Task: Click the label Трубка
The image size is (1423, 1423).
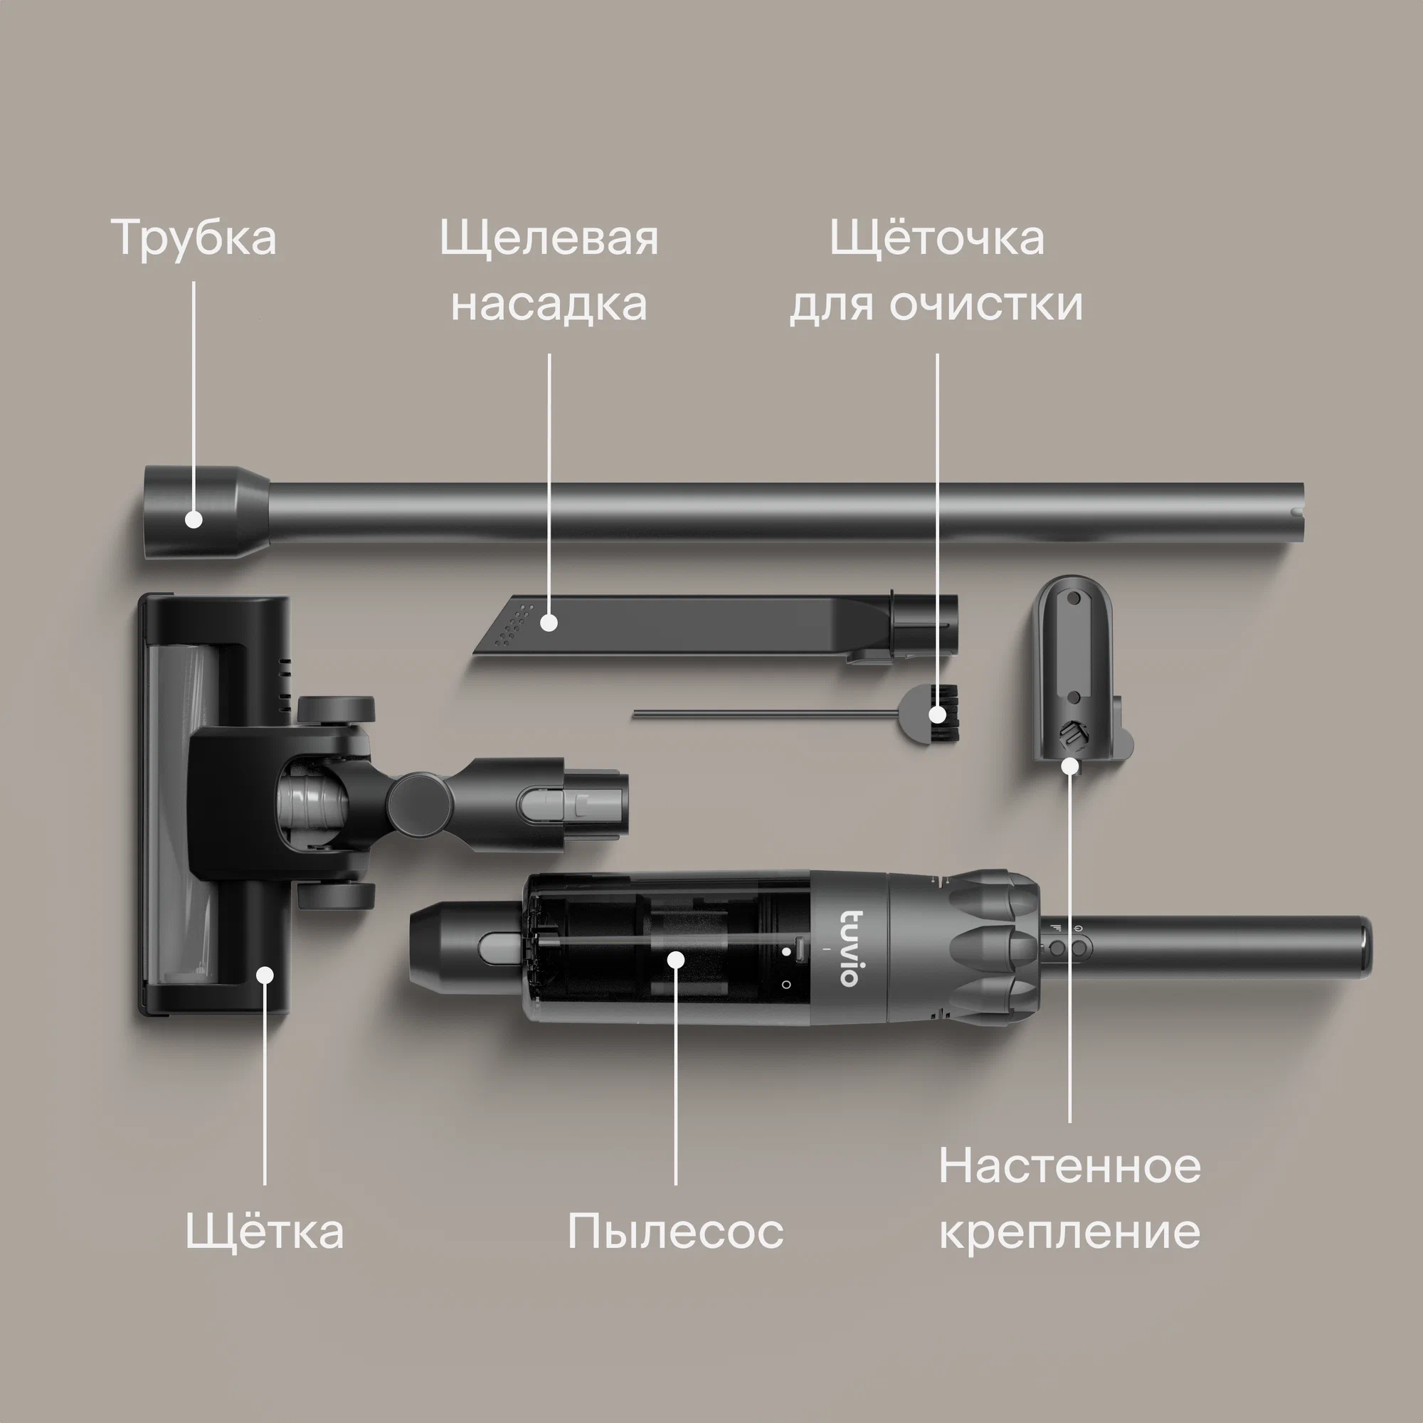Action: click(194, 237)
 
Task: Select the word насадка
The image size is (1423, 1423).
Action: click(549, 302)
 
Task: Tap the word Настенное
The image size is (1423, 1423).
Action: click(1069, 1166)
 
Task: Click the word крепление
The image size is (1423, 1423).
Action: click(1069, 1232)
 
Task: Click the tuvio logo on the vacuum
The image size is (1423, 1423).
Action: click(850, 948)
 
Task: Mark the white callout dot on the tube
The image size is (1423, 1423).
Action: click(194, 519)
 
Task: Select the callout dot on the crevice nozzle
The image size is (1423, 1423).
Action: click(549, 623)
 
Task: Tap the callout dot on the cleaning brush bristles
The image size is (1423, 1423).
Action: click(937, 714)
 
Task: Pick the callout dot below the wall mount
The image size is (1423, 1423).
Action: click(1070, 766)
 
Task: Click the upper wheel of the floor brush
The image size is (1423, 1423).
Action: click(336, 709)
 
